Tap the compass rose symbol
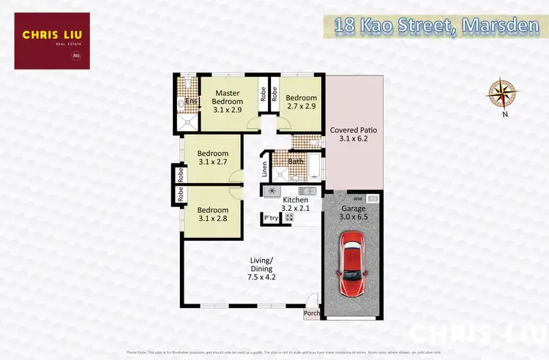coord(503,92)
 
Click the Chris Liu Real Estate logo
coord(51,40)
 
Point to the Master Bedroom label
coord(227,101)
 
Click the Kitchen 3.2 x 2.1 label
coord(295,204)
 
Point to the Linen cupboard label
coord(265,169)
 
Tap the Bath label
coord(296,162)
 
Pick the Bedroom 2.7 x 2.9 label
coord(301,102)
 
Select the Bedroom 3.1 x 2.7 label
coord(213,158)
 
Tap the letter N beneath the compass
coord(504,114)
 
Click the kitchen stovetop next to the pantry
coord(289,218)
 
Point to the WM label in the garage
coord(357,198)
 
